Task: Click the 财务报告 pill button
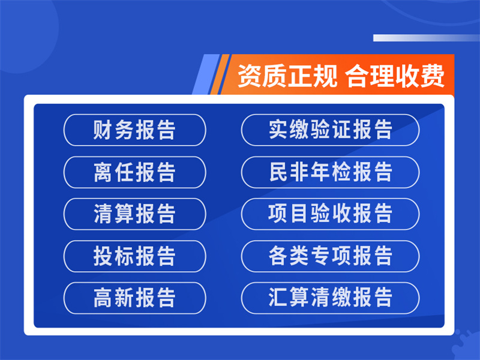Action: (134, 130)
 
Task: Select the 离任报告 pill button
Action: (134, 172)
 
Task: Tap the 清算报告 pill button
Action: (134, 214)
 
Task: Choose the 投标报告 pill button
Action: (134, 256)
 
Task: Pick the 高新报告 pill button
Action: (134, 298)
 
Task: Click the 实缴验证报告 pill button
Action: (331, 130)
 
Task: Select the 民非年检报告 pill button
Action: (331, 172)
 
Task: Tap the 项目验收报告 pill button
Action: (331, 214)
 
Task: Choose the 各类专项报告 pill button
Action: (331, 256)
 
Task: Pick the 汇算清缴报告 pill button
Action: (331, 298)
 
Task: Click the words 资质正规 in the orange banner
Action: (287, 76)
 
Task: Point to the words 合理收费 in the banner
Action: (395, 76)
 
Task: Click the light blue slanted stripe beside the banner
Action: (206, 74)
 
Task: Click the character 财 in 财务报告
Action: (103, 130)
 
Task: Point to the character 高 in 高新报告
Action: (103, 298)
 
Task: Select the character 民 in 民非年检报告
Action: (278, 172)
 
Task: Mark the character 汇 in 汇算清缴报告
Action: (278, 297)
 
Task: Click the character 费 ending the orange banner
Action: (432, 76)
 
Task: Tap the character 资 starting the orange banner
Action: (250, 76)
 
